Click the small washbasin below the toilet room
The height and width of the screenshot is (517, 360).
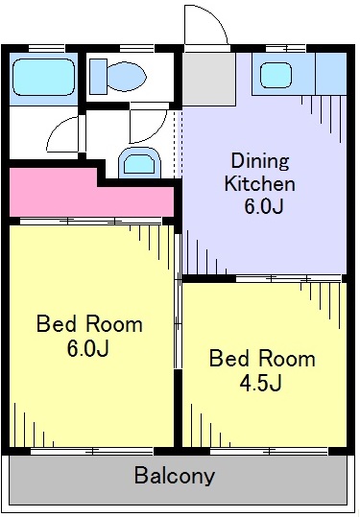(137, 163)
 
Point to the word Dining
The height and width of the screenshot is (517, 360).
(258, 160)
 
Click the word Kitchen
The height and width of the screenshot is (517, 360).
(259, 183)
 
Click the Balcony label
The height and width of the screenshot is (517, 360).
(174, 475)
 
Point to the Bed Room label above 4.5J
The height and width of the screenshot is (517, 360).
(262, 360)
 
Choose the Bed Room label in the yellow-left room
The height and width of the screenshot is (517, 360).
(89, 323)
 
